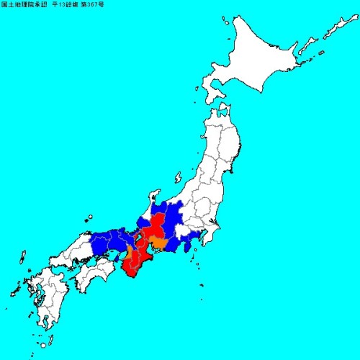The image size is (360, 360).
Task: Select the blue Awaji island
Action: [117, 251]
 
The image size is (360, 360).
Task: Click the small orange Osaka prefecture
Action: [129, 252]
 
